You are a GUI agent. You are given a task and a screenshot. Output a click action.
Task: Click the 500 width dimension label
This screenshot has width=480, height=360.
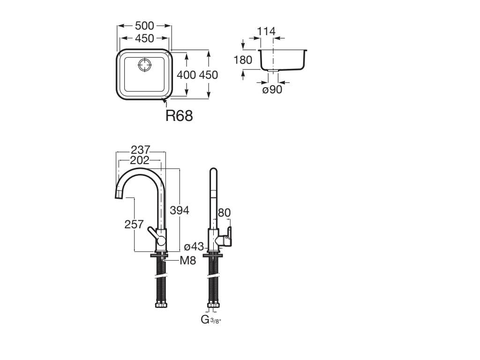click(144, 26)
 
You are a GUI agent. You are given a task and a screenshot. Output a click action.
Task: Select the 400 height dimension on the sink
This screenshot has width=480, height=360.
click(187, 75)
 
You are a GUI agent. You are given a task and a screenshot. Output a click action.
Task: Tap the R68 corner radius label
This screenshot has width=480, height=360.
click(179, 116)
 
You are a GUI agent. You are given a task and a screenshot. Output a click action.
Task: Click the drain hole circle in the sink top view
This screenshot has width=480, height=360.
click(144, 65)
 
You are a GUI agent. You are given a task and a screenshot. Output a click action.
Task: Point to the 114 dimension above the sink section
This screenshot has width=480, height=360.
click(266, 31)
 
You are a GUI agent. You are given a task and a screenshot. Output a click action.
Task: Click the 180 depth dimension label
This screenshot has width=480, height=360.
click(243, 60)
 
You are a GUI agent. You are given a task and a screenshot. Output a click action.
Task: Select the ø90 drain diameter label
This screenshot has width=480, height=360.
click(272, 90)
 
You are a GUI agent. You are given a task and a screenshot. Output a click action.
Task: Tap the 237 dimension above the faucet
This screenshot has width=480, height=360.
click(141, 150)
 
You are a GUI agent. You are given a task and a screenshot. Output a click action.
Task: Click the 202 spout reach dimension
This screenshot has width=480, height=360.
click(140, 160)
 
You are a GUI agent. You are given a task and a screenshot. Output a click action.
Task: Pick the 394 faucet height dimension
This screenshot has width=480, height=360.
click(180, 210)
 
